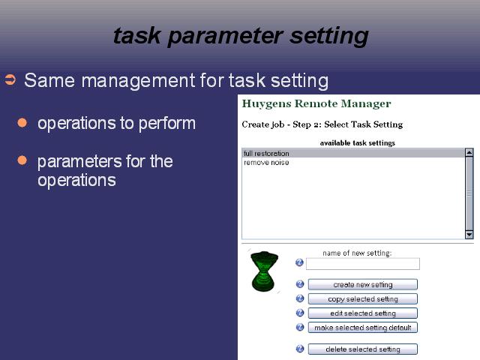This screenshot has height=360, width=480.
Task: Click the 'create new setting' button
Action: (x=363, y=284)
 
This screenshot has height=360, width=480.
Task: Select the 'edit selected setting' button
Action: (x=363, y=313)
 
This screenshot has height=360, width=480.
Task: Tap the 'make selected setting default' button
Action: (x=363, y=328)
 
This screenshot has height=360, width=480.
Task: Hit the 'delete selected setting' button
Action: (x=363, y=349)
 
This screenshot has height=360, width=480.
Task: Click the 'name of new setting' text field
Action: (x=363, y=264)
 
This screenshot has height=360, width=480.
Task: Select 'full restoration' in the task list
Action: (x=266, y=153)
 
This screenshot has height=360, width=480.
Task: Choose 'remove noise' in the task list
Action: (x=266, y=163)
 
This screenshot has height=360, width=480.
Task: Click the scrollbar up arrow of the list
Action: (x=469, y=152)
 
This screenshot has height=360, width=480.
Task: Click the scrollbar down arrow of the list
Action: (x=469, y=235)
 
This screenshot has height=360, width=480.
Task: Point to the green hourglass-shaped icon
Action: (x=265, y=271)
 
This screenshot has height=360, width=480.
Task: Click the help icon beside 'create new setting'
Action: (x=300, y=284)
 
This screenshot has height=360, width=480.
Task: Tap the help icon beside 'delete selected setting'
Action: (x=300, y=349)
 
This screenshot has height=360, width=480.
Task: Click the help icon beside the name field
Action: (x=299, y=262)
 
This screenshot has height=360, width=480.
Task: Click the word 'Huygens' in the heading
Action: (x=267, y=104)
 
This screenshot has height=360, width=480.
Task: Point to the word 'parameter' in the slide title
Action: (x=225, y=37)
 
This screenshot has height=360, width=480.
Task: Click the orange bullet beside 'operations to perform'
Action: (x=22, y=122)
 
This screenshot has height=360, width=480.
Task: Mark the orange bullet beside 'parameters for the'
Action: (x=22, y=160)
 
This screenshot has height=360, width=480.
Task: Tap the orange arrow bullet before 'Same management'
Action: (x=10, y=79)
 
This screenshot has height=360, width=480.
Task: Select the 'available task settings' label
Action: (x=358, y=143)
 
